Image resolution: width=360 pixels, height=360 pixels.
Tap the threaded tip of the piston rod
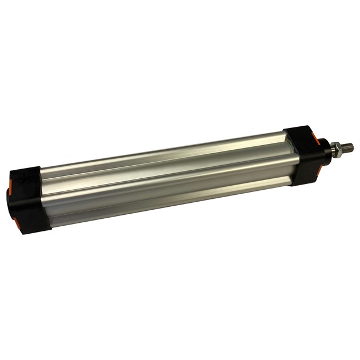point(347,147)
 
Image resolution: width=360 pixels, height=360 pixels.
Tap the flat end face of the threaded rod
point(352,146)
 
